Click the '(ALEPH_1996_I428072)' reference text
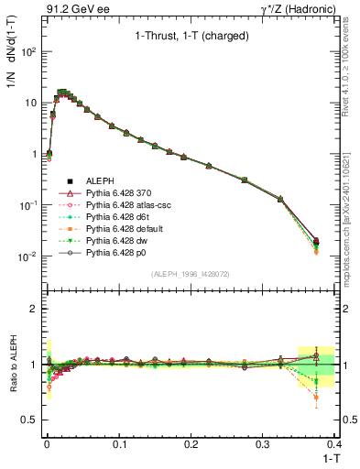point(190,274)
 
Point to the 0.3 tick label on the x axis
point(263,443)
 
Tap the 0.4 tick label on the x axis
point(334,443)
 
